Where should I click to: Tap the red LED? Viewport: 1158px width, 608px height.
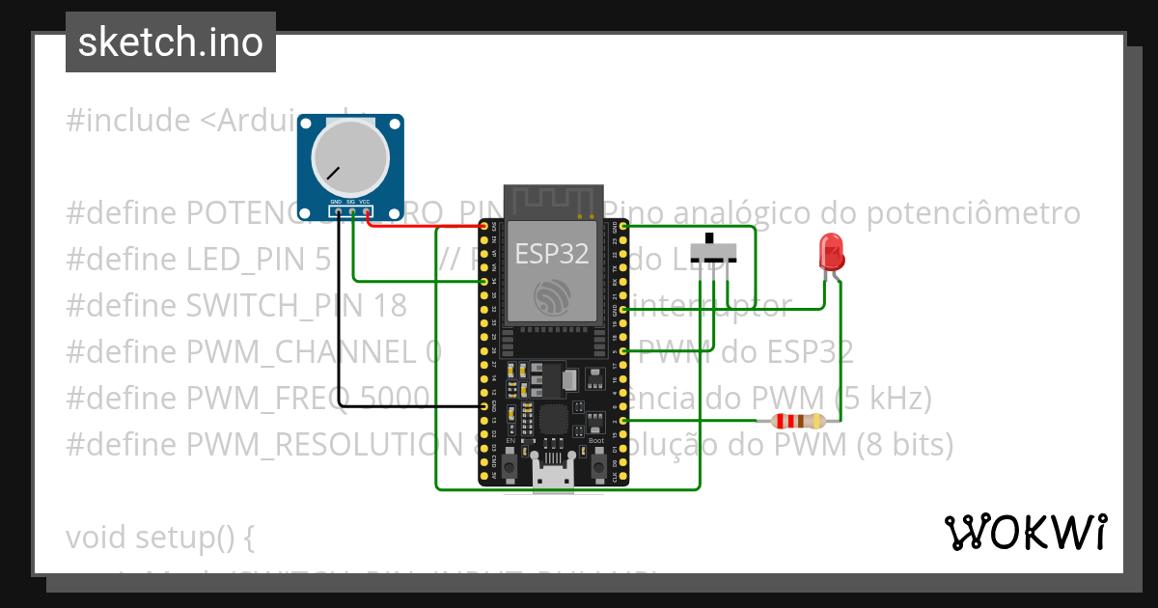point(831,253)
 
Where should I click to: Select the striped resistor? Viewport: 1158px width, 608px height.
point(792,421)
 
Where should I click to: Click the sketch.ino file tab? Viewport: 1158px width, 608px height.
point(170,42)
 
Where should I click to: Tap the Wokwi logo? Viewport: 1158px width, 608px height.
point(1025,532)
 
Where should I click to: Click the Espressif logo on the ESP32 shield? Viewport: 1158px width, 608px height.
point(551,297)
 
